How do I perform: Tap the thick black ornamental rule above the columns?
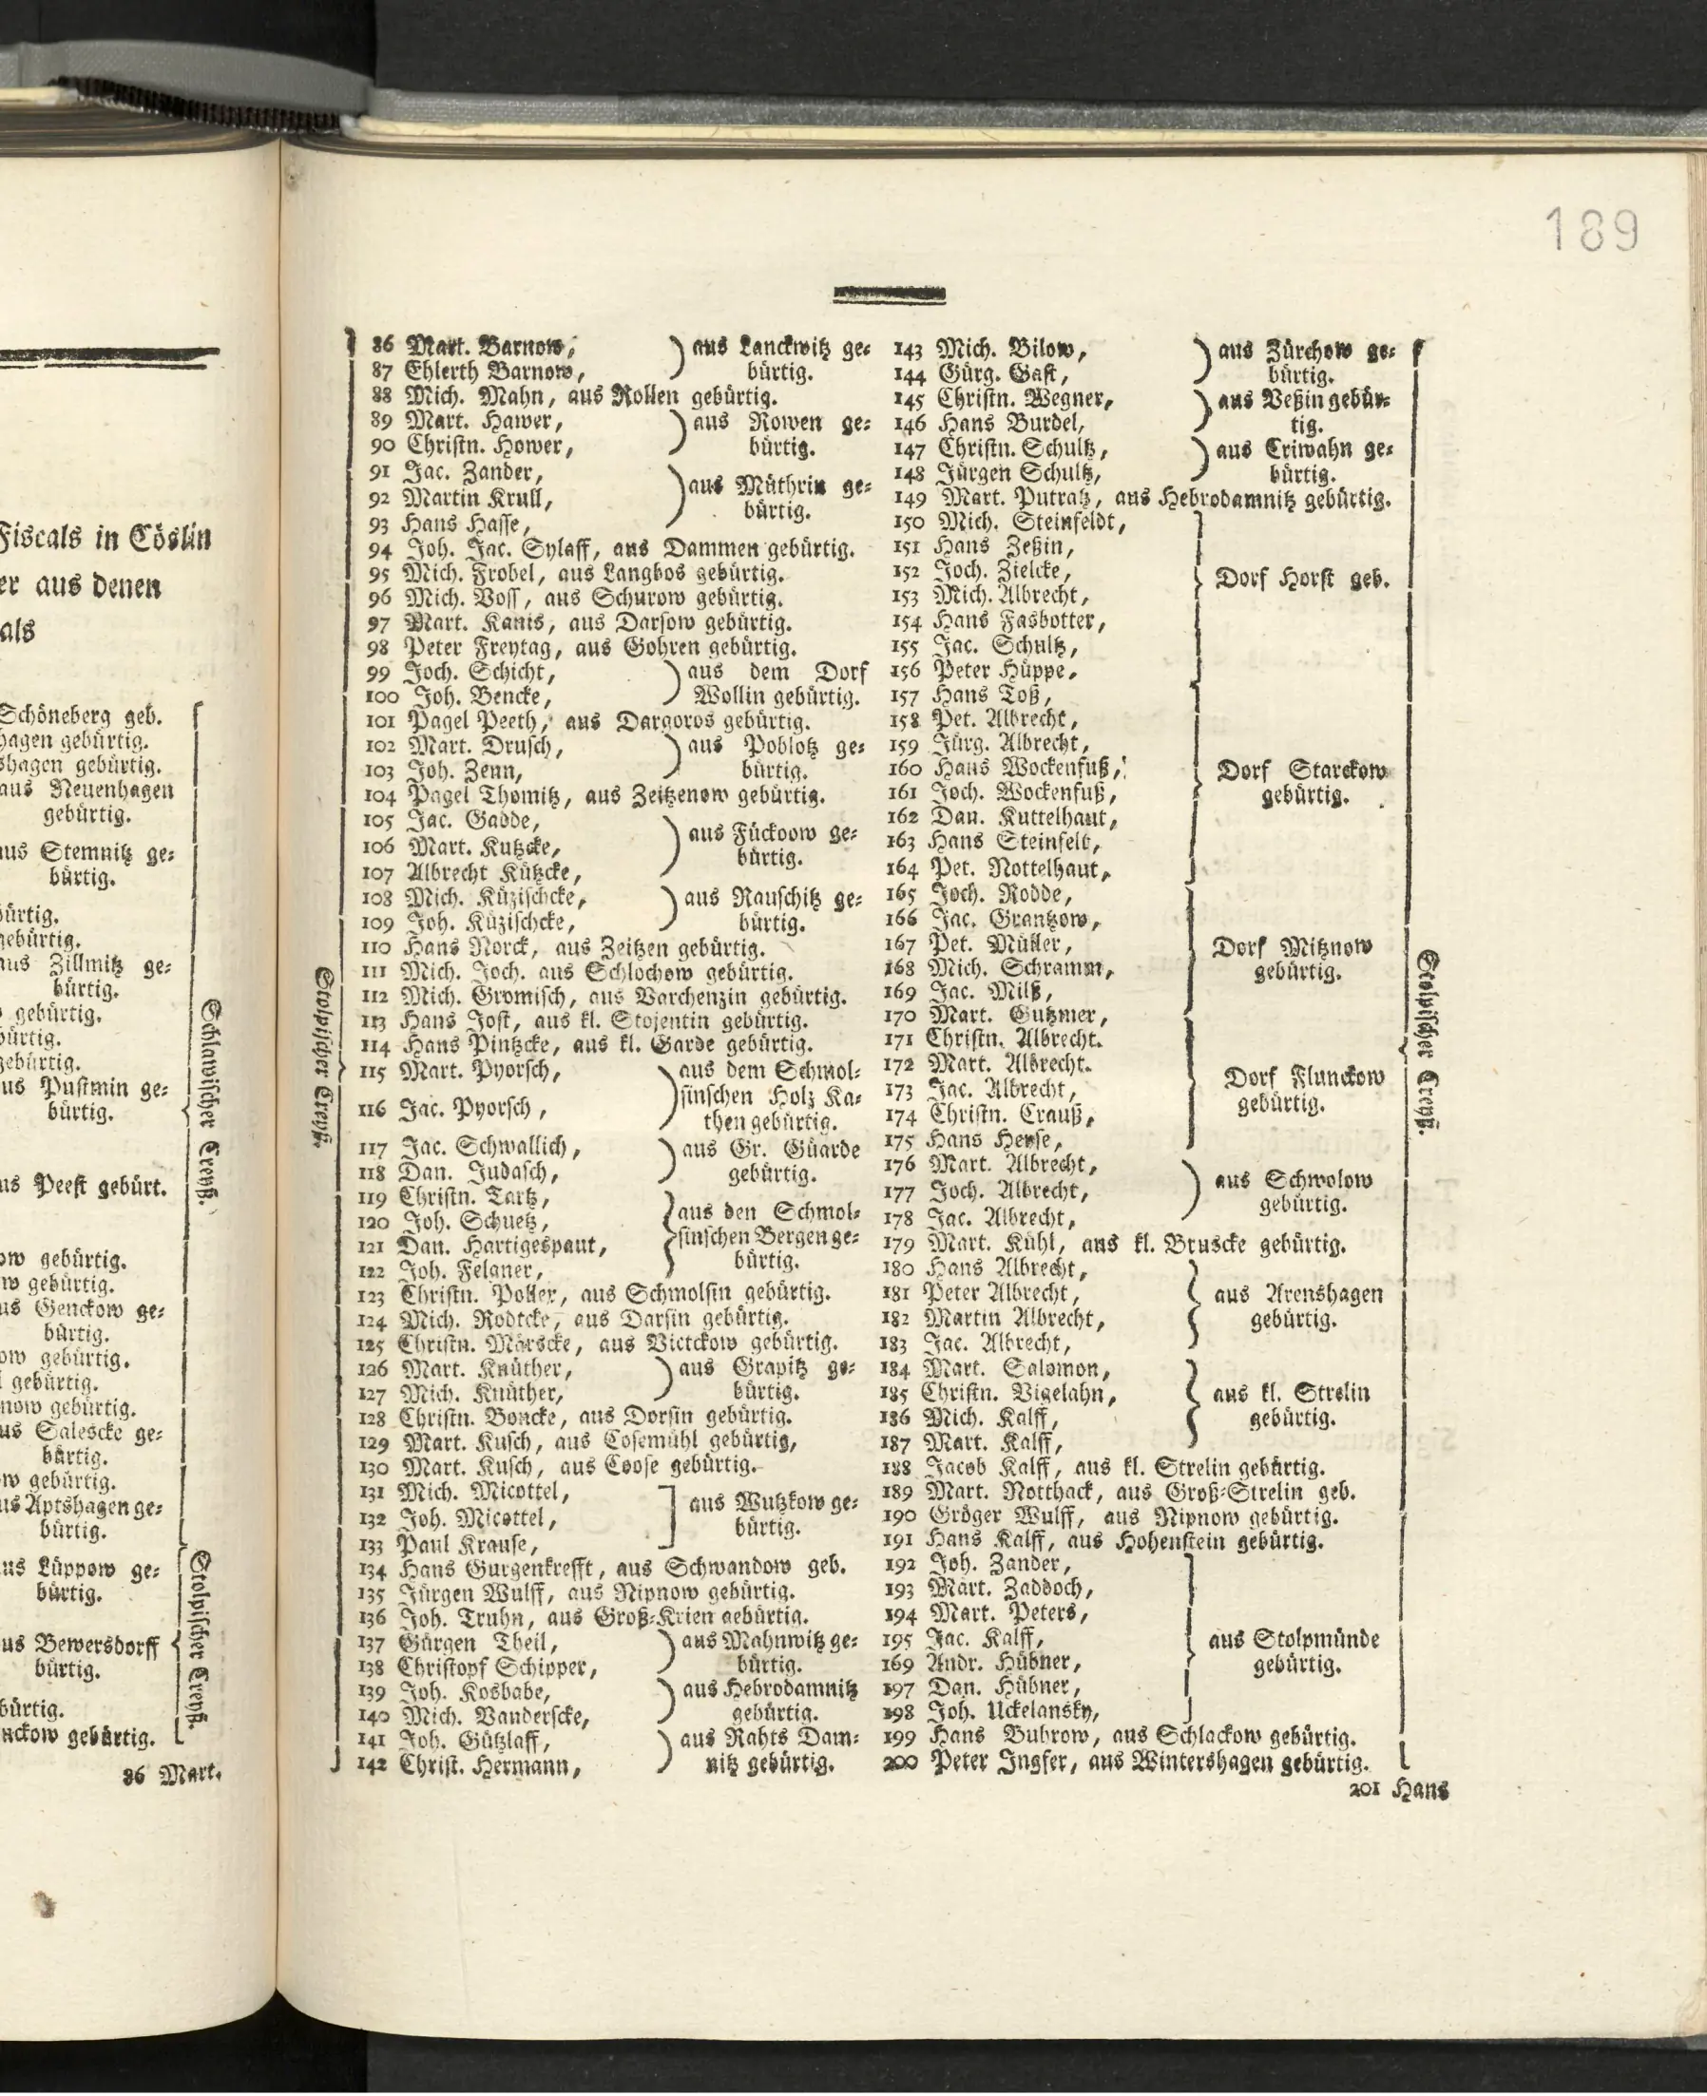tap(889, 292)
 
